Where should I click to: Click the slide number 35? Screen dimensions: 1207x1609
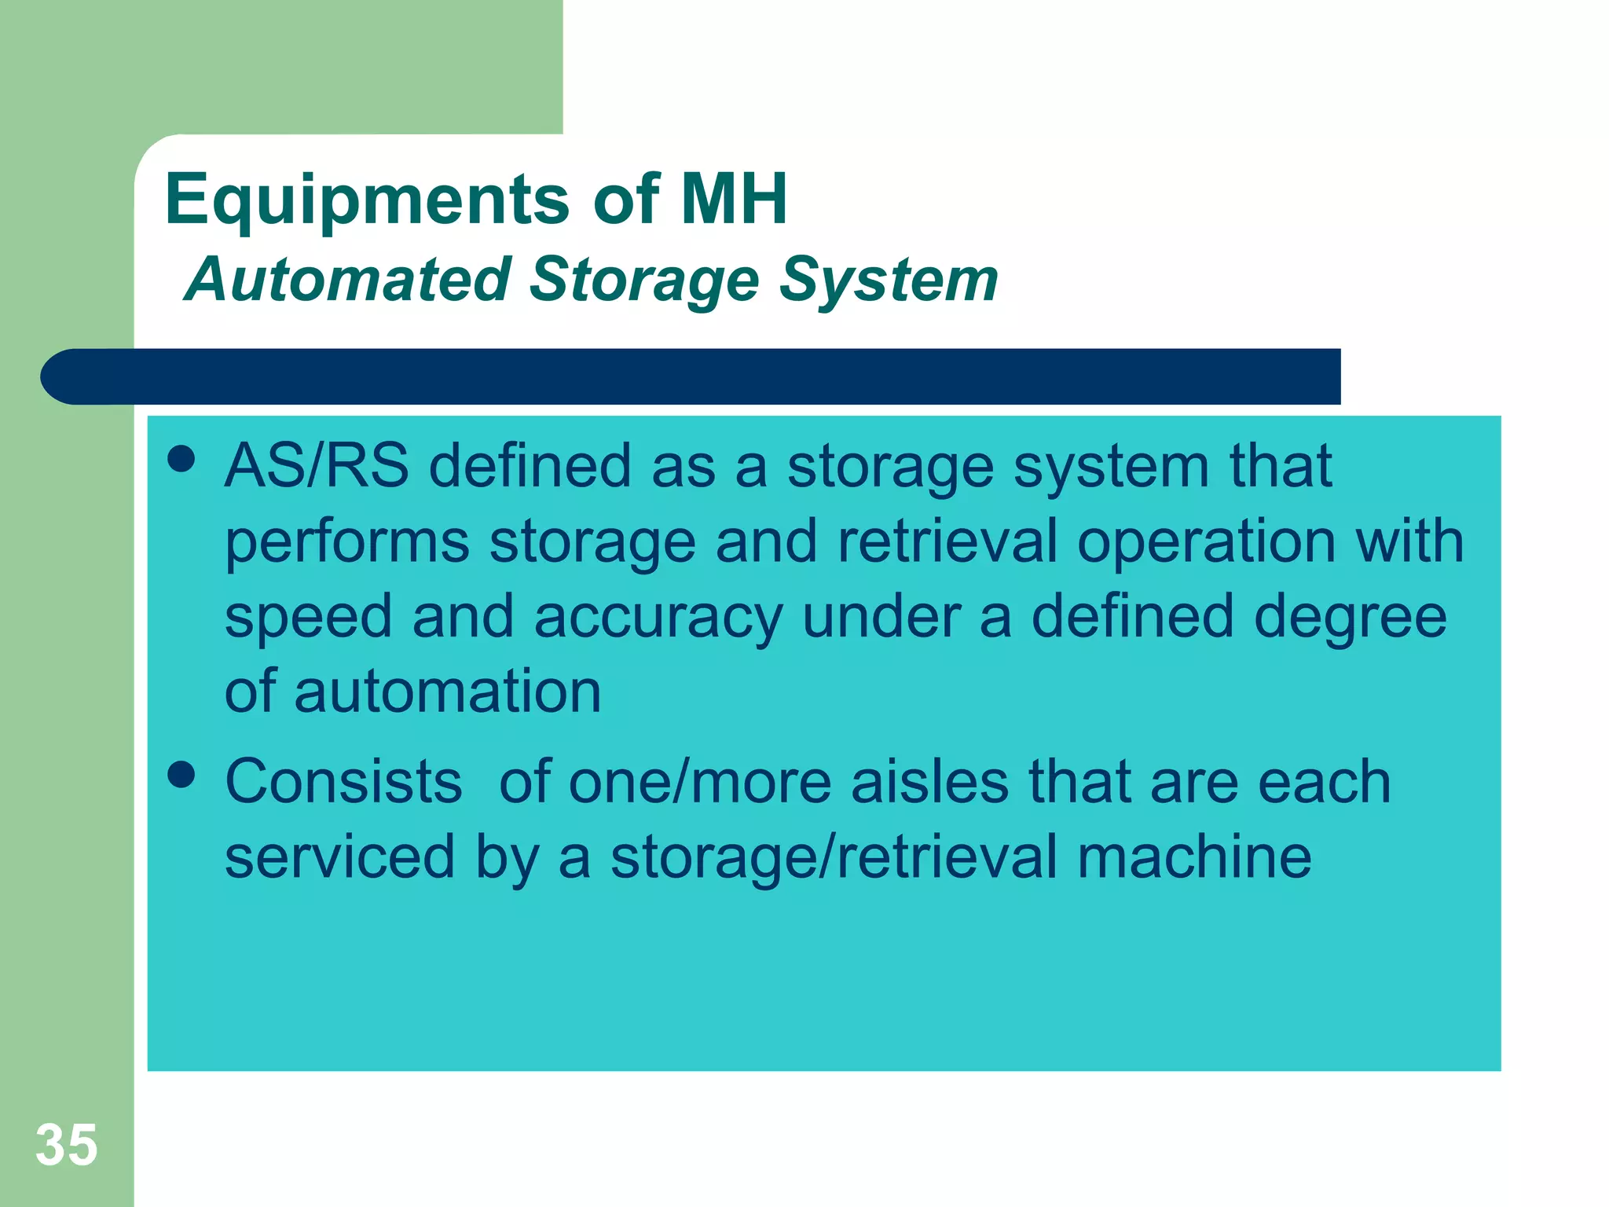pyautogui.click(x=67, y=1144)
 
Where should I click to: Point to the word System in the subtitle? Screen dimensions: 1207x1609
pyautogui.click(x=889, y=281)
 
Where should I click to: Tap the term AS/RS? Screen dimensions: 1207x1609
pyautogui.click(x=317, y=466)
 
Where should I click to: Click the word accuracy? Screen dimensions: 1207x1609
pyautogui.click(x=658, y=617)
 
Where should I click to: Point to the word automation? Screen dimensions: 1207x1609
pyautogui.click(x=448, y=692)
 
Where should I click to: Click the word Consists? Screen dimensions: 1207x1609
pyautogui.click(x=343, y=782)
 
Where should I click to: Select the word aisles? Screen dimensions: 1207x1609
pyautogui.click(x=930, y=782)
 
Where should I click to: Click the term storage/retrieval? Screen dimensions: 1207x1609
pyautogui.click(x=834, y=857)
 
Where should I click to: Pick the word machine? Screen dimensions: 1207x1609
pyautogui.click(x=1194, y=857)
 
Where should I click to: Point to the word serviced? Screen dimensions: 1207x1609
pyautogui.click(x=339, y=857)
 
